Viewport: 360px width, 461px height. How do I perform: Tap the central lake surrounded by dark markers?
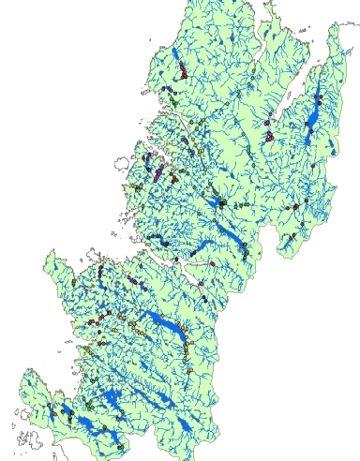pyautogui.click(x=221, y=201)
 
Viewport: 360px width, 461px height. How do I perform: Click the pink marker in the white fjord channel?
pyautogui.click(x=200, y=281)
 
